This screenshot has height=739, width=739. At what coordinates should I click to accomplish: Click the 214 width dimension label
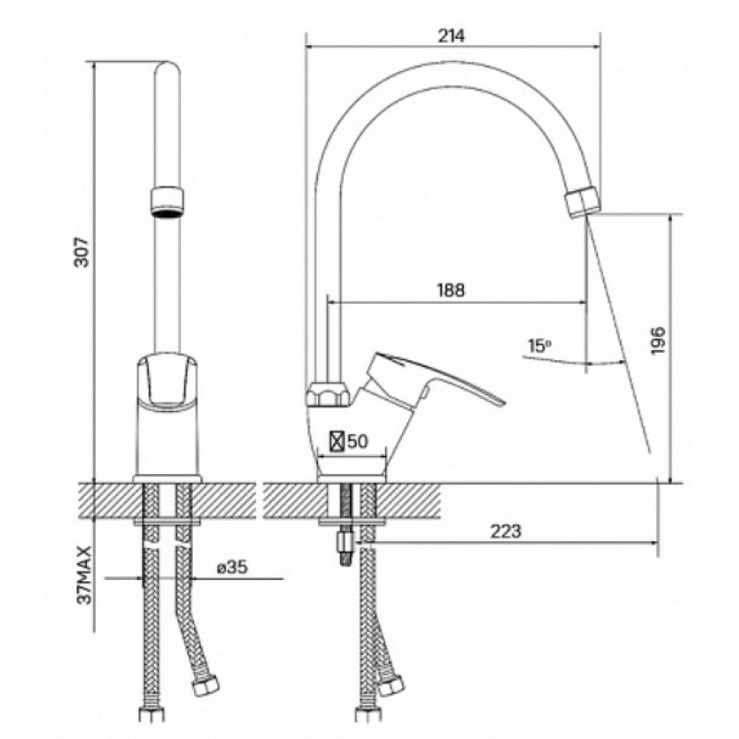click(x=451, y=36)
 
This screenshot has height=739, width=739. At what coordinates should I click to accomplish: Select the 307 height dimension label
click(x=82, y=252)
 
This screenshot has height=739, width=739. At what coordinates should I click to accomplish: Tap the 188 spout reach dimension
click(x=451, y=290)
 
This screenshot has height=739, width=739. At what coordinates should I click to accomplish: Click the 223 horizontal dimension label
click(x=506, y=531)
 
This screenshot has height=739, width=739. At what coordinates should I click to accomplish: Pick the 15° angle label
click(x=539, y=346)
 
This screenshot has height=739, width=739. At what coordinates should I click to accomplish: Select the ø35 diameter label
click(x=233, y=567)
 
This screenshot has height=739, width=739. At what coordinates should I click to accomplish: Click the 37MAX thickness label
click(x=85, y=575)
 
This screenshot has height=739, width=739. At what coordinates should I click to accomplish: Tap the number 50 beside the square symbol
click(x=357, y=442)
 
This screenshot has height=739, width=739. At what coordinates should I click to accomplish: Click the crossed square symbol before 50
click(x=336, y=442)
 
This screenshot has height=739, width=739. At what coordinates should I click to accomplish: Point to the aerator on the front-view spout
click(x=167, y=202)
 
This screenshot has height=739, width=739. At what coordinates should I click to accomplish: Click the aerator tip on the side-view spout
click(x=582, y=201)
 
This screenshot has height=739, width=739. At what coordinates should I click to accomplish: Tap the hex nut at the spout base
click(x=328, y=394)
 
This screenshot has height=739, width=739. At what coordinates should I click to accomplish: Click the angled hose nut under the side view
click(x=391, y=685)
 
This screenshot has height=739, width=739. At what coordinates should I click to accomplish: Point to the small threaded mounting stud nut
click(x=345, y=542)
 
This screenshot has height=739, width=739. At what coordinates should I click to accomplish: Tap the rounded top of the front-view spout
click(x=167, y=67)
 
